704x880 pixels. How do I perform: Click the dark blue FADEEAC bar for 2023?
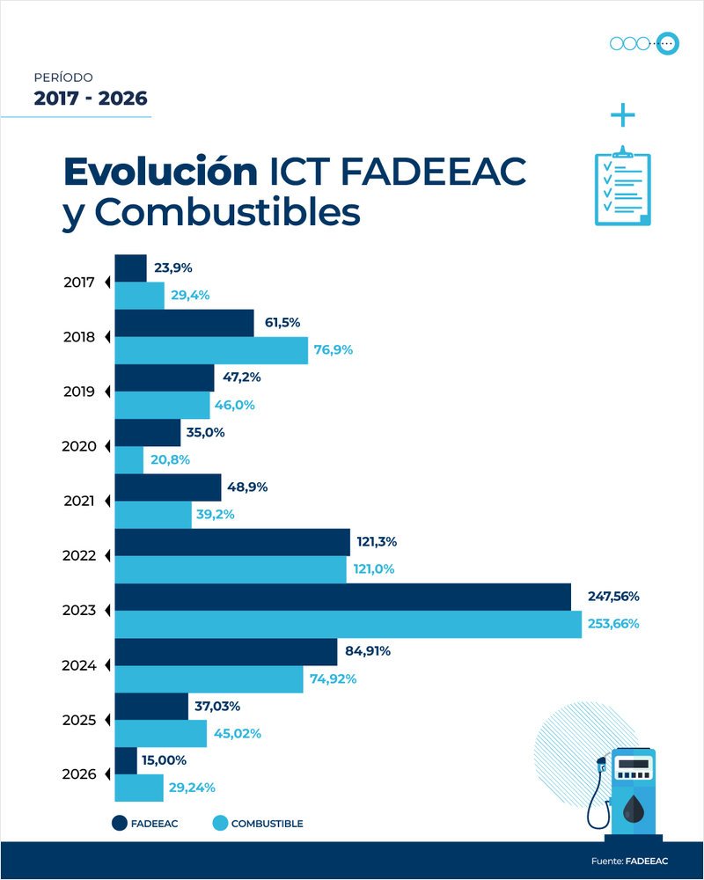(x=343, y=597)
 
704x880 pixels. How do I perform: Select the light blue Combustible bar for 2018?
(x=211, y=350)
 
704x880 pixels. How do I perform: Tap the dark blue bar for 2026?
(x=126, y=760)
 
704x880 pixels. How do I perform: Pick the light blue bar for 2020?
(x=129, y=459)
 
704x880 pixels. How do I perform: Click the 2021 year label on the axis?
(x=79, y=501)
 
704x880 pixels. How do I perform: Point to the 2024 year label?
(x=79, y=665)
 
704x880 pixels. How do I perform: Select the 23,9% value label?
(x=174, y=268)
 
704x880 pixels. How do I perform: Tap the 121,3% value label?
(x=378, y=541)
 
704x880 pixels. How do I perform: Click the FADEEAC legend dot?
(x=121, y=823)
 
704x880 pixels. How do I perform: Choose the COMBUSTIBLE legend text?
(x=267, y=824)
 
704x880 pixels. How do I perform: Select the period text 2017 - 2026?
(x=91, y=99)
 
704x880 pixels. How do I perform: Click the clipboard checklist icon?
(x=623, y=186)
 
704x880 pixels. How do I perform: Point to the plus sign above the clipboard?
(x=622, y=115)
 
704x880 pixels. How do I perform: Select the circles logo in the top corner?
(x=645, y=43)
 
